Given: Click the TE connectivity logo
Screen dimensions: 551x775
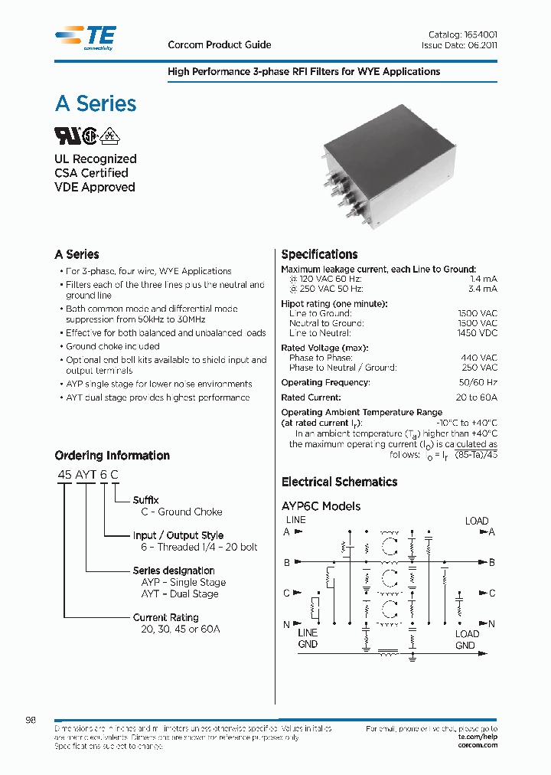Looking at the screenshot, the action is pyautogui.click(x=86, y=37).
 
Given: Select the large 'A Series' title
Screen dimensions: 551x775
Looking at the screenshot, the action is pyautogui.click(x=96, y=103).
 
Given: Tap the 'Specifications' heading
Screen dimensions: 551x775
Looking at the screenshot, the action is pyautogui.click(x=319, y=254).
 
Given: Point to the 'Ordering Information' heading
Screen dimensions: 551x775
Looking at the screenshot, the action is pyautogui.click(x=112, y=456).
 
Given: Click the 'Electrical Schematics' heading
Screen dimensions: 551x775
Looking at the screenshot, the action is pyautogui.click(x=339, y=482).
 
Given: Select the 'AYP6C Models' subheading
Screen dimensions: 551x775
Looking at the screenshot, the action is pyautogui.click(x=321, y=506).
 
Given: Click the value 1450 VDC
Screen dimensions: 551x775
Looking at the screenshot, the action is pyautogui.click(x=478, y=333).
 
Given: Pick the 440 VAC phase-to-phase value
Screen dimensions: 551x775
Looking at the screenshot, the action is pyautogui.click(x=479, y=358).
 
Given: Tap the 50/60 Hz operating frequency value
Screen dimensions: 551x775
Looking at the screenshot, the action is pyautogui.click(x=478, y=382).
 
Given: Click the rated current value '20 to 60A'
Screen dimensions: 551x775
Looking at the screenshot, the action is pyautogui.click(x=476, y=397).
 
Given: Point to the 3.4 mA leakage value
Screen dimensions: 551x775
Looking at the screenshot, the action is pyautogui.click(x=483, y=289).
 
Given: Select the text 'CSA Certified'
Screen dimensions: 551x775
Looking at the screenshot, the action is pyautogui.click(x=91, y=173).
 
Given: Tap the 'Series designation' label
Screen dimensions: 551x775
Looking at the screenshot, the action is pyautogui.click(x=174, y=571).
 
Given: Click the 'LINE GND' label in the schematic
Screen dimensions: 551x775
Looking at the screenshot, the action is pyautogui.click(x=308, y=639).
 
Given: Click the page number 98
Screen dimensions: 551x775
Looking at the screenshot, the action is pyautogui.click(x=31, y=721).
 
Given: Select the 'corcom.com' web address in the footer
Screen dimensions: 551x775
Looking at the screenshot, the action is pyautogui.click(x=478, y=745).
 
